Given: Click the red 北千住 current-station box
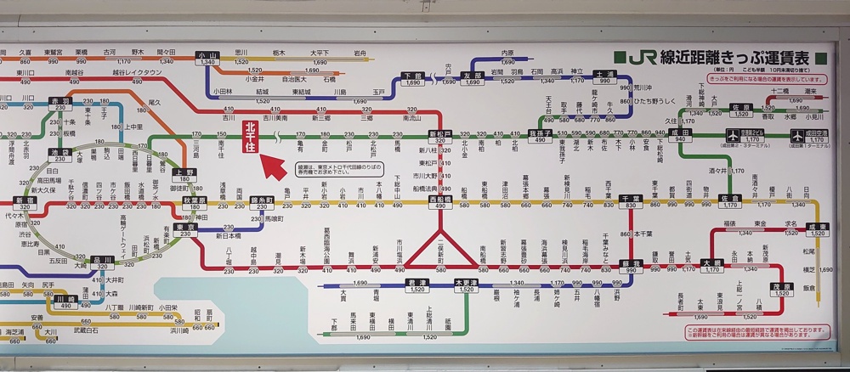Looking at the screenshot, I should pyautogui.click(x=250, y=137).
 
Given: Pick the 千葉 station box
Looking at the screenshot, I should pyautogui.click(x=631, y=202).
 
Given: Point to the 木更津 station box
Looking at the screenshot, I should pyautogui.click(x=465, y=285).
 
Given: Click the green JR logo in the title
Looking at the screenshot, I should pyautogui.click(x=643, y=58).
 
